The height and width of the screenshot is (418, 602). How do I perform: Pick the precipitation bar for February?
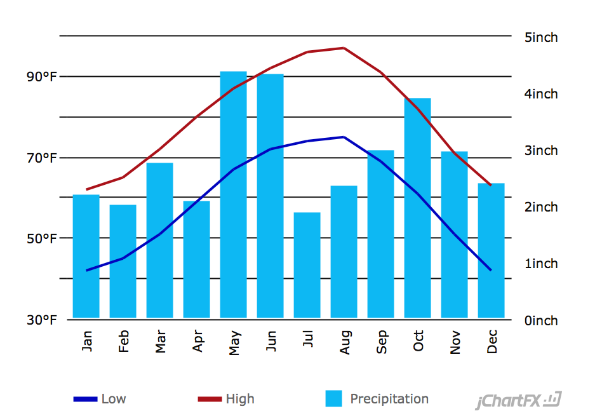123,261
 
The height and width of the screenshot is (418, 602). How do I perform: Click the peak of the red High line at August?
344,48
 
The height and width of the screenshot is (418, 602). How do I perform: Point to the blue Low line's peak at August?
344,137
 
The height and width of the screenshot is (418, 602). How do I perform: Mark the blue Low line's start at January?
86,271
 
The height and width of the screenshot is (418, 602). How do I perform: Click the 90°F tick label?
41,77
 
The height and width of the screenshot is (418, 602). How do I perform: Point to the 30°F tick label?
41,320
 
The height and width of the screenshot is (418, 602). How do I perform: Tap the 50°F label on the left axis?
41,239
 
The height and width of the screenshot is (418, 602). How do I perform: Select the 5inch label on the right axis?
541,37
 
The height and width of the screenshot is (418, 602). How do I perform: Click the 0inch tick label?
541,320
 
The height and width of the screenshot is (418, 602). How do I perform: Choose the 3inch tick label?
541,151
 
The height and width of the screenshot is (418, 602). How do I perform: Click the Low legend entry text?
114,399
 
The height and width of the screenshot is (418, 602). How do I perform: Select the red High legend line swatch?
210,399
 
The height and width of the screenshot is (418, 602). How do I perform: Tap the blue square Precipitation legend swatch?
333,398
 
